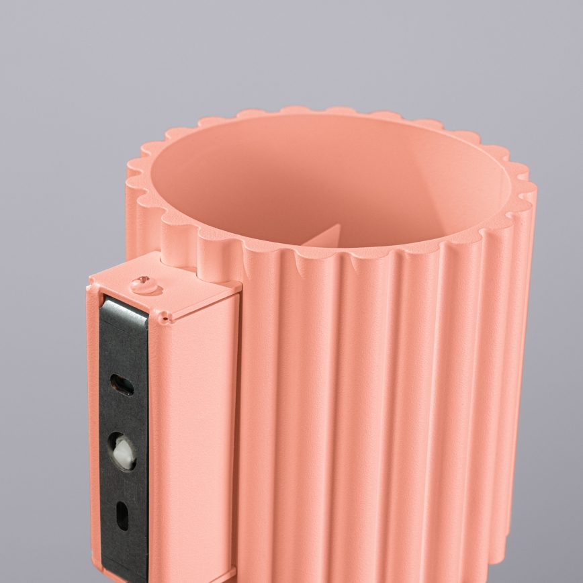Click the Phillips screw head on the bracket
coord(144,285)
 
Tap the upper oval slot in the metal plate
coord(122,384)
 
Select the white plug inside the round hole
coord(123,451)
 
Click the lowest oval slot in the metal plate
coord(122,515)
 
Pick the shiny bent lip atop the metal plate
coord(125,311)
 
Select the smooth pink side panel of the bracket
coord(191,437)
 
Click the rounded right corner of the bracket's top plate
coord(235,285)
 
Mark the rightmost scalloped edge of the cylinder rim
coord(531,195)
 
